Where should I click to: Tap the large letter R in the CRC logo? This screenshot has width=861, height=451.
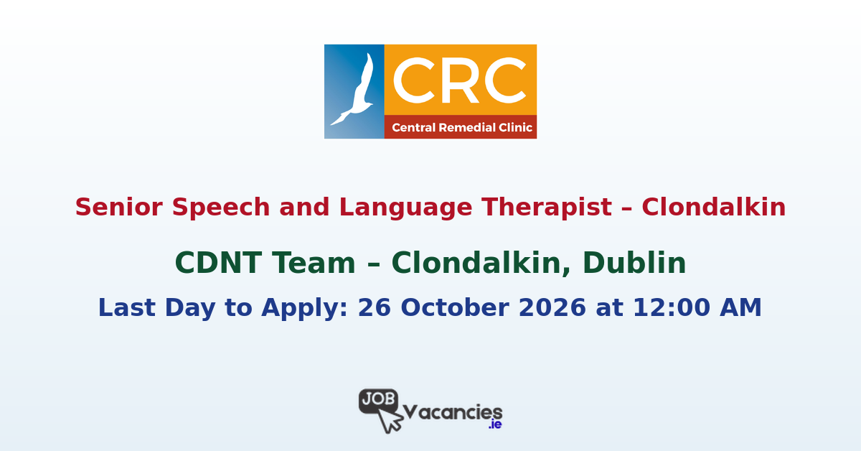tap(459, 80)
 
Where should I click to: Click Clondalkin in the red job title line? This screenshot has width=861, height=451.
tap(714, 208)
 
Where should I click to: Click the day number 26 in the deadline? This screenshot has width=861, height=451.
tap(372, 308)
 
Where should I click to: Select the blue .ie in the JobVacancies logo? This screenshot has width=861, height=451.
tap(494, 424)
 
